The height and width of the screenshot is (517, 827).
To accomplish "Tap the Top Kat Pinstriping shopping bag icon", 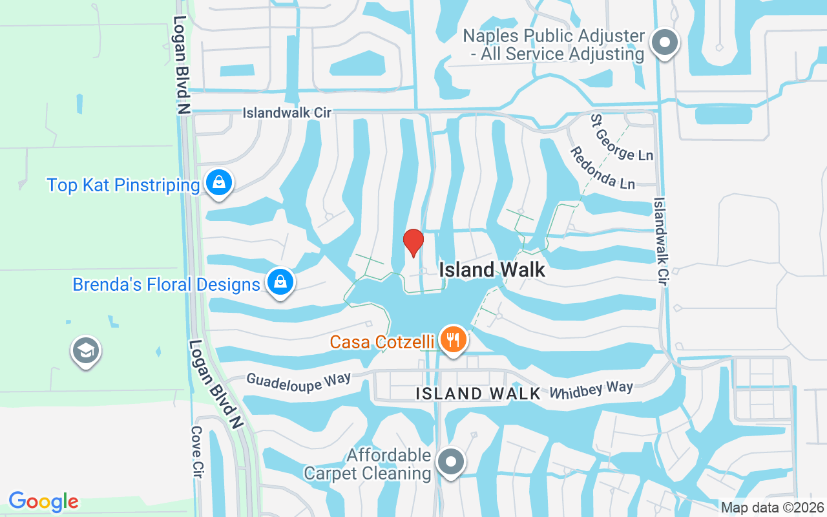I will tap(219, 183).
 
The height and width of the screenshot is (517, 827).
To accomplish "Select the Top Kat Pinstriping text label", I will tap(123, 185).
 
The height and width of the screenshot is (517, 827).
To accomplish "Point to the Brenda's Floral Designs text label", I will tap(166, 284).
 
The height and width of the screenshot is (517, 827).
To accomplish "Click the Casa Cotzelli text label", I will tap(382, 341).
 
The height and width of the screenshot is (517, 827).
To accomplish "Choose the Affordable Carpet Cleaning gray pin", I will tap(451, 461).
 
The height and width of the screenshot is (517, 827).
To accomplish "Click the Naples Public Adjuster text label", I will tap(554, 45).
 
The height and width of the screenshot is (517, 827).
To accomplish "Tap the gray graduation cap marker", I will tap(85, 351).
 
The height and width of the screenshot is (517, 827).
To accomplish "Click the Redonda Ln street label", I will tap(602, 168).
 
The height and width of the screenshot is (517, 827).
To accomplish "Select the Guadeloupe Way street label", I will tap(298, 381).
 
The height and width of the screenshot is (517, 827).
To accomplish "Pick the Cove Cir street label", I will tap(198, 452).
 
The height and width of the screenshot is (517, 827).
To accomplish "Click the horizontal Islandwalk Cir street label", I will tap(287, 112).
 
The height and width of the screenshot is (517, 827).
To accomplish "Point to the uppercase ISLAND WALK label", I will tap(478, 393).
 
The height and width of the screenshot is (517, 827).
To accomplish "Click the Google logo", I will tap(44, 501).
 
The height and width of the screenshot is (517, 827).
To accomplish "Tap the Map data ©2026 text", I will tap(772, 507).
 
